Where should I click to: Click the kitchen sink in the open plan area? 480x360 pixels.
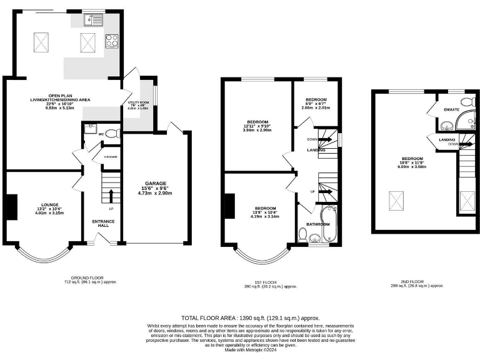coord(96,19)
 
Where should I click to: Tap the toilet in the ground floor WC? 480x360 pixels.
coord(111,133)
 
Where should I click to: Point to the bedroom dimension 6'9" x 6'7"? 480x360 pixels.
coord(316,104)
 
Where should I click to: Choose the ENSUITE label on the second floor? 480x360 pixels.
coord(452,110)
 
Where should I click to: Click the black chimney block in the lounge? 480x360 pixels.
coord(11,207)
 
